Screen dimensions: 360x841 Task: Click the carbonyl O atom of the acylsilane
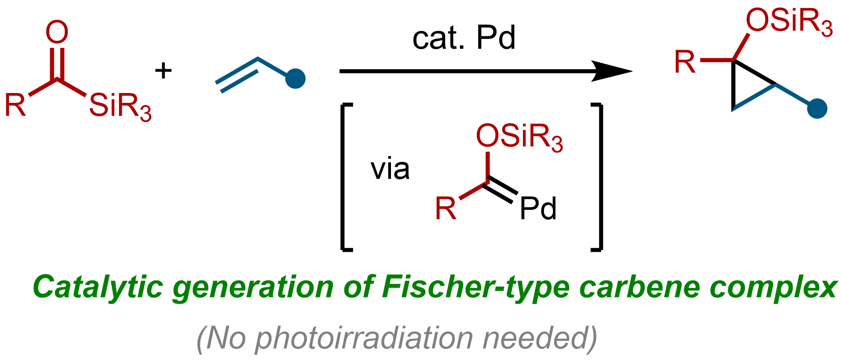57,33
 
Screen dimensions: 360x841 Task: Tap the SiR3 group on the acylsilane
120,107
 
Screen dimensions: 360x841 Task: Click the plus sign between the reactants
163,71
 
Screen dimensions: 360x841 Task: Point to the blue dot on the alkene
296,79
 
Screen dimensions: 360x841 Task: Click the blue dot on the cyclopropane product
817,109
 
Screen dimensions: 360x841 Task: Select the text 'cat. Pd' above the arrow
464,38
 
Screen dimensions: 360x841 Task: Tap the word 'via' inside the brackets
390,169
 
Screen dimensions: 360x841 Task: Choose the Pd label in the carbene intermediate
538,208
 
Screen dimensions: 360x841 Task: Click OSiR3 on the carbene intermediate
519,136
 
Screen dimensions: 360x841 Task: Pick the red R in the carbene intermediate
446,209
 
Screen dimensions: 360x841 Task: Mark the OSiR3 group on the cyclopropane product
789,21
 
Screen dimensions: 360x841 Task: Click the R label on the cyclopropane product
685,62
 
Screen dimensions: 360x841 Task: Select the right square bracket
597,177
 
